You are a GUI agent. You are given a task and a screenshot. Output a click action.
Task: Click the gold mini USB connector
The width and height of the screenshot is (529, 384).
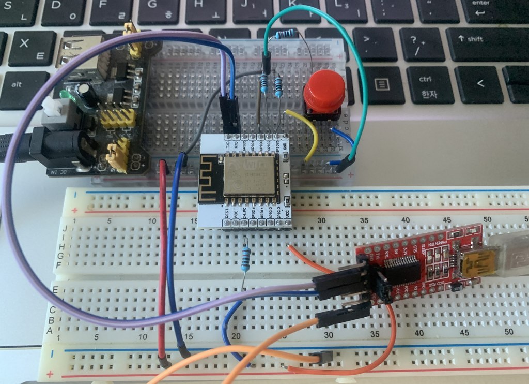coord(472,265)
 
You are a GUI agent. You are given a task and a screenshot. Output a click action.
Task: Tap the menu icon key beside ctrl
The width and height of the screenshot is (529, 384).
coord(382,84)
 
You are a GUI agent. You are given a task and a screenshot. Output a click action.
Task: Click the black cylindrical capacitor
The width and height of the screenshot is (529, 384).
coord(84,95)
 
